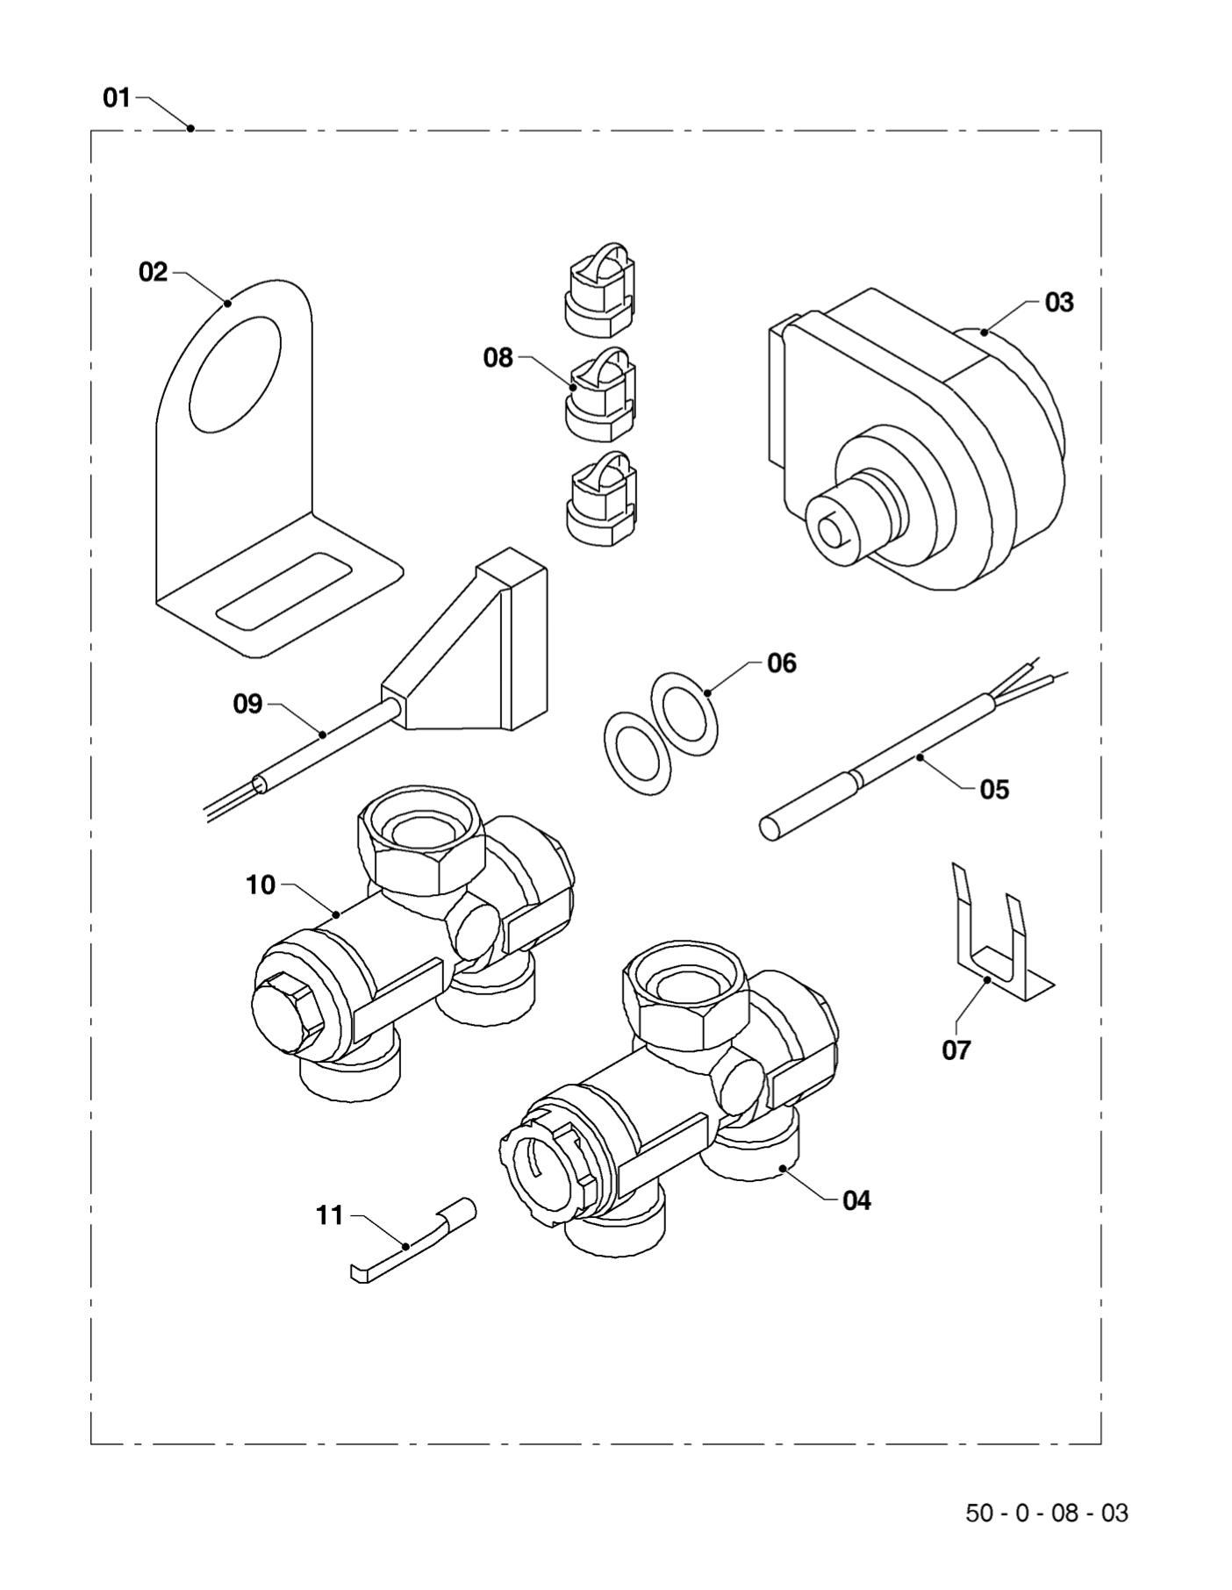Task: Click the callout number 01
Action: (117, 97)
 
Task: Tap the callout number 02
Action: (153, 272)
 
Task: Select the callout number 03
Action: (1058, 302)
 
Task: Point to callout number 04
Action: (856, 1200)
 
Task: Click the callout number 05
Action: (994, 789)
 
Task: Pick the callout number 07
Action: (956, 1049)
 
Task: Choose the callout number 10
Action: (261, 885)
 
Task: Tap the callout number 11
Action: (329, 1215)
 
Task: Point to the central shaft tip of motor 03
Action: (829, 529)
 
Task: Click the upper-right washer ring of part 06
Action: (684, 713)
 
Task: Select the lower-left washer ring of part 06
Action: (638, 753)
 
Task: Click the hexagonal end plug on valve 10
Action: (289, 1013)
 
